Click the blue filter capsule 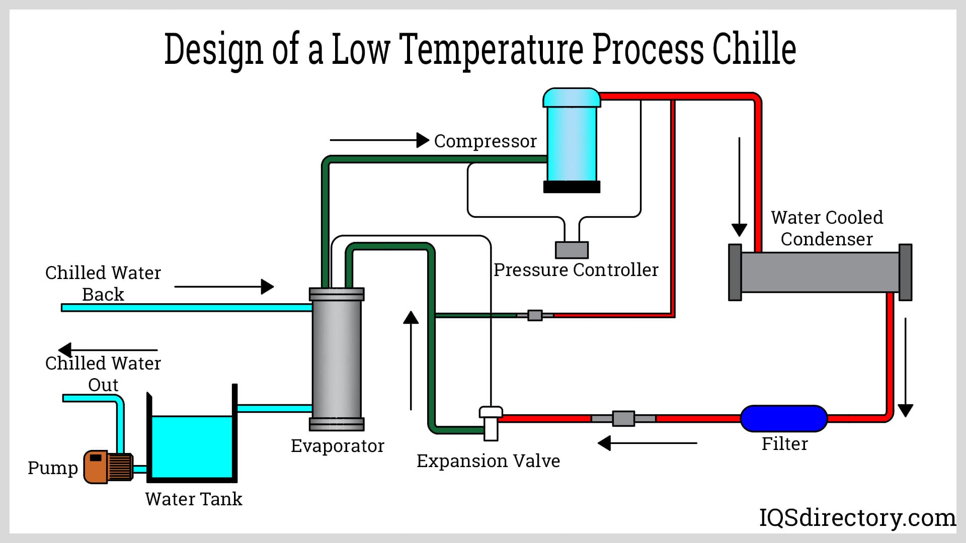[783, 418]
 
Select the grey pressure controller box [572, 250]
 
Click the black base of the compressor [572, 187]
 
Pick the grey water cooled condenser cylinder [820, 272]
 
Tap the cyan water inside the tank [191, 445]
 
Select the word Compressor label [485, 141]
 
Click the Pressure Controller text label [576, 270]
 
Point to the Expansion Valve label [488, 461]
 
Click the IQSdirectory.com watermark [857, 517]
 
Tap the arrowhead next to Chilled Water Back [268, 287]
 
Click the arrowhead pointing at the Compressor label [423, 140]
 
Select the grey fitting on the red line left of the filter [623, 418]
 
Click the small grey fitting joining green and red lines [534, 315]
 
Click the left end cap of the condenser [735, 272]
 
